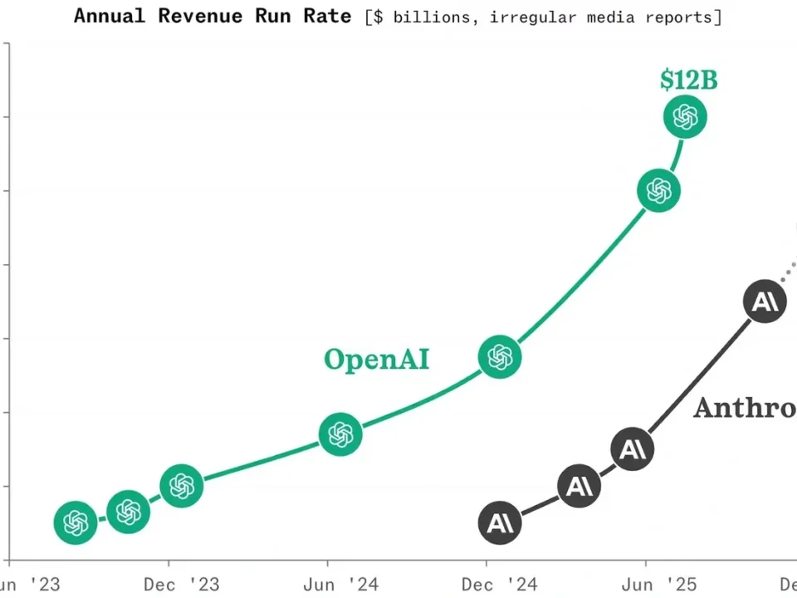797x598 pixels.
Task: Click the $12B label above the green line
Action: pos(688,80)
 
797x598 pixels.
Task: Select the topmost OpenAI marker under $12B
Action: pos(685,117)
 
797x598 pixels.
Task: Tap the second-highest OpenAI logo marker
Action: pos(658,191)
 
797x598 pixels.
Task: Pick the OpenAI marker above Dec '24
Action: pos(499,357)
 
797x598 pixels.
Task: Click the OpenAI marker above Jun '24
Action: pos(340,434)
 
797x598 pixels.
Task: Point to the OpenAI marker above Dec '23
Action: pos(182,485)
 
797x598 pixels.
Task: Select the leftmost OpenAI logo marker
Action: pos(76,522)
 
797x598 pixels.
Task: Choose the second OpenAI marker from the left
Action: pos(129,512)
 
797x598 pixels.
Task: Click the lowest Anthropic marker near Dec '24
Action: pos(500,523)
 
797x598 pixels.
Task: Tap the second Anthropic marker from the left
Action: pos(579,486)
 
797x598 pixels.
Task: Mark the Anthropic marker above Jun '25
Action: pos(633,448)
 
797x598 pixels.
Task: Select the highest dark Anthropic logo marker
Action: pos(765,302)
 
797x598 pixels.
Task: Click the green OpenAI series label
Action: pos(377,359)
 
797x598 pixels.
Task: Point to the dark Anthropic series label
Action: pos(744,408)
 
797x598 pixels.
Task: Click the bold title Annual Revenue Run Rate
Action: pos(213,16)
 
